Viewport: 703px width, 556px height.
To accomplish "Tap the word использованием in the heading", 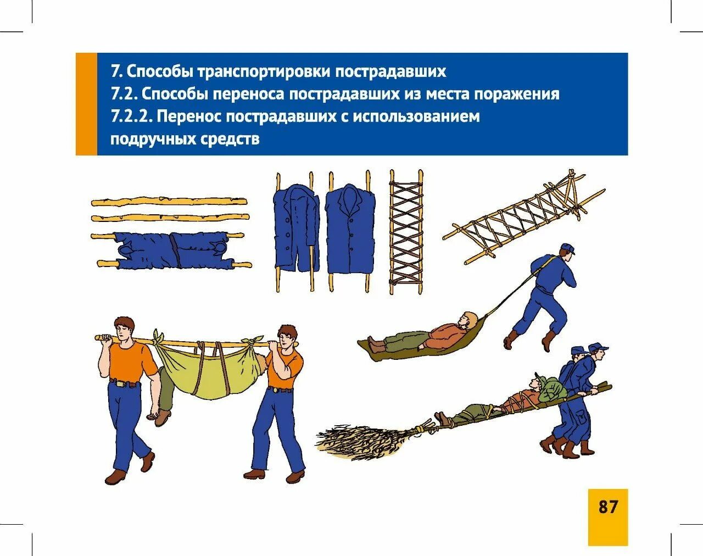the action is [x=416, y=116].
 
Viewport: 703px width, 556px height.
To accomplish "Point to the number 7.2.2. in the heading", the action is [x=132, y=116].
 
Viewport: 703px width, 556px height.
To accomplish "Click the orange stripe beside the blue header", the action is [x=87, y=104].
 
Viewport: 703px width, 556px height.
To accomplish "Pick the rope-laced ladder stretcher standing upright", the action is [x=406, y=232].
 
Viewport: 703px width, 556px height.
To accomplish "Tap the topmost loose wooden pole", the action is [x=169, y=201].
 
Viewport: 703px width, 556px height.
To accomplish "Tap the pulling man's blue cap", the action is [x=568, y=248].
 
